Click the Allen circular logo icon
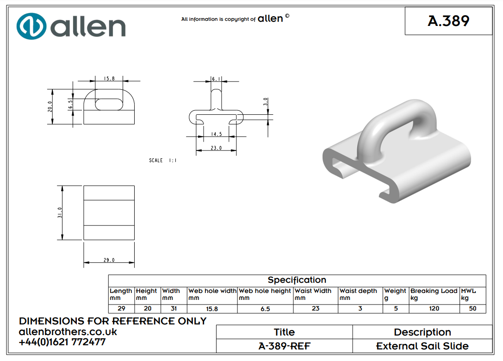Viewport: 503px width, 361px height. tap(31, 26)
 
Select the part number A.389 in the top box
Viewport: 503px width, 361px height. tap(448, 21)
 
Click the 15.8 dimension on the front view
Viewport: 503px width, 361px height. tap(109, 79)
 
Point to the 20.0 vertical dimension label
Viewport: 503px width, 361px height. tap(50, 106)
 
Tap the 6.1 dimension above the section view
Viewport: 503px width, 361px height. tap(216, 79)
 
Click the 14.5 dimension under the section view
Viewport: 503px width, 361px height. tap(216, 134)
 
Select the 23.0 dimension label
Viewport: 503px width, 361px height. tap(216, 148)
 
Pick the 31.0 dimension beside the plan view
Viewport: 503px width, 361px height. tap(60, 213)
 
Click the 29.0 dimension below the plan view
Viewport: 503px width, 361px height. tap(109, 261)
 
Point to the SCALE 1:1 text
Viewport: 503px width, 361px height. tap(162, 161)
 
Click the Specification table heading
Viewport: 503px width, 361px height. tap(297, 280)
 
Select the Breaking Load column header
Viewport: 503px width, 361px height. tap(434, 291)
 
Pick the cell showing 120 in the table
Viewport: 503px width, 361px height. tap(434, 308)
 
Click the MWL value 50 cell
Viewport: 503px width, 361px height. tap(472, 308)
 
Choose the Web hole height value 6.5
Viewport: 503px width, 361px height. tap(265, 309)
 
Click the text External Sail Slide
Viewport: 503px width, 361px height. tap(422, 346)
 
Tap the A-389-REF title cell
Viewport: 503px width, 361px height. tap(284, 346)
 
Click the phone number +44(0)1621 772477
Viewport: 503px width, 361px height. tap(62, 342)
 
